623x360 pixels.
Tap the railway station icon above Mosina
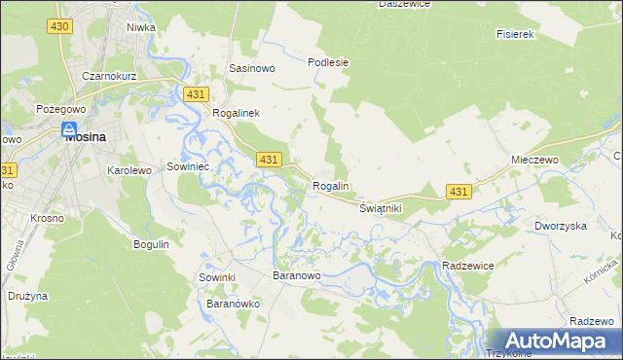click(69, 128)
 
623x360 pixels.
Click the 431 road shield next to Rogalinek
click(195, 93)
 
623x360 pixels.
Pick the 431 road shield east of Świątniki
click(459, 193)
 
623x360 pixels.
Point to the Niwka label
click(140, 27)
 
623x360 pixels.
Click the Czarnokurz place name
click(108, 75)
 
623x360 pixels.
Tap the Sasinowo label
click(251, 69)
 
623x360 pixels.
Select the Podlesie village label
click(328, 62)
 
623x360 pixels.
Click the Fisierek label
click(516, 34)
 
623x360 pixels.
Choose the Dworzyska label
click(560, 226)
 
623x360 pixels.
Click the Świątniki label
click(381, 208)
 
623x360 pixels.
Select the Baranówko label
click(232, 304)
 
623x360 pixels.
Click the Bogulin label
click(152, 244)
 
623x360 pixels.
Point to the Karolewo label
click(128, 170)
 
